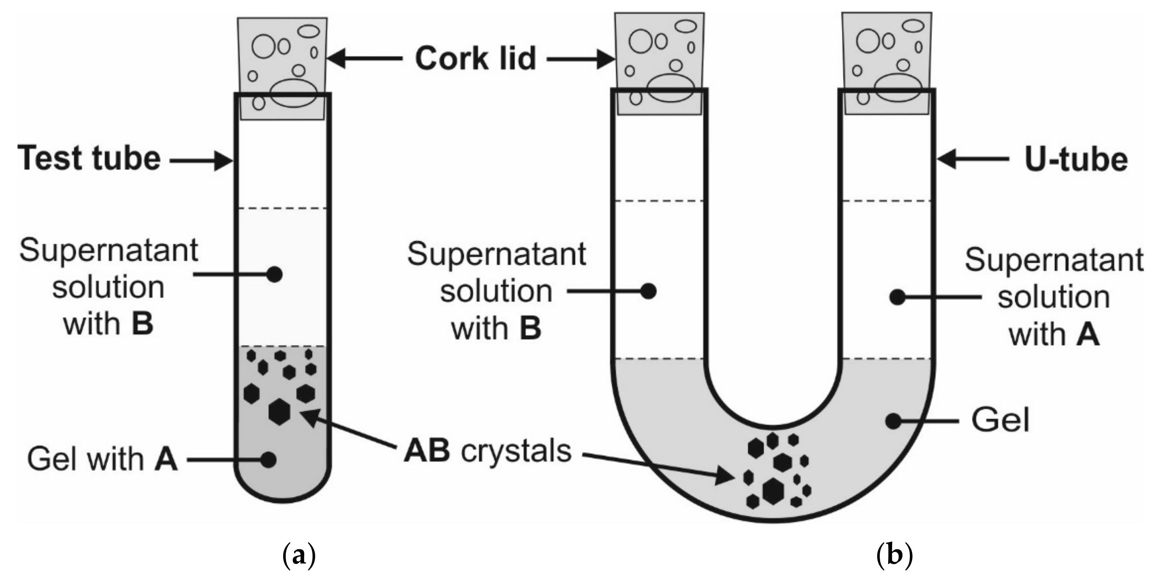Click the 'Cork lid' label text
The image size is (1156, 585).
[x=475, y=58]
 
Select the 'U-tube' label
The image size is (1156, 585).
[x=1076, y=160]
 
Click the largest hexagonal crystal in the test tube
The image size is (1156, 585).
[x=279, y=411]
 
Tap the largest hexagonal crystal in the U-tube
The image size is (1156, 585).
[x=773, y=491]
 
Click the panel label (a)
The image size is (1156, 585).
[x=299, y=556]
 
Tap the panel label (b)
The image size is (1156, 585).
[x=895, y=556]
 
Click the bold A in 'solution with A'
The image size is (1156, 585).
[x=1087, y=335]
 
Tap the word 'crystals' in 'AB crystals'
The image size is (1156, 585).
[x=516, y=452]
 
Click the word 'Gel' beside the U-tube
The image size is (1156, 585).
[x=1000, y=421]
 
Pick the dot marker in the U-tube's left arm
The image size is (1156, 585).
[x=648, y=291]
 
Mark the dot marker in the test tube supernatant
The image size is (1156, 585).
[x=274, y=274]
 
